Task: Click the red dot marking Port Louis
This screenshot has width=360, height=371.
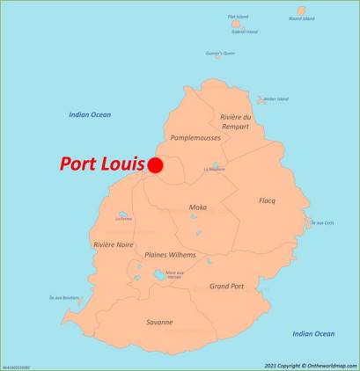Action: [156, 164]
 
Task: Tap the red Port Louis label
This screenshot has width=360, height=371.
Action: [101, 164]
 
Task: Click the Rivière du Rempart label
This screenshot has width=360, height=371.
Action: [236, 121]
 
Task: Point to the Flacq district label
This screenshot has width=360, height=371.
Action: [267, 201]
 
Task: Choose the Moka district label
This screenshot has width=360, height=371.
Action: [198, 207]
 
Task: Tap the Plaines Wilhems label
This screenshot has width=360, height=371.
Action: [171, 255]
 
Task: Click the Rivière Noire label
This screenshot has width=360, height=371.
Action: [114, 245]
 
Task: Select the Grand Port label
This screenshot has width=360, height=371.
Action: [226, 286]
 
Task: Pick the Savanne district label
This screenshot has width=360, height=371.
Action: [159, 322]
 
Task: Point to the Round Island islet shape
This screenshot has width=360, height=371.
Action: [302, 11]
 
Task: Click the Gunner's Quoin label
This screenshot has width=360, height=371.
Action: [220, 53]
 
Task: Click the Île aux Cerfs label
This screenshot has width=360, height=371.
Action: [322, 222]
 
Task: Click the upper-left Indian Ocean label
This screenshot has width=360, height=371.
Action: [90, 114]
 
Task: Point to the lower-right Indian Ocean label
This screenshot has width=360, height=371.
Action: [313, 333]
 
